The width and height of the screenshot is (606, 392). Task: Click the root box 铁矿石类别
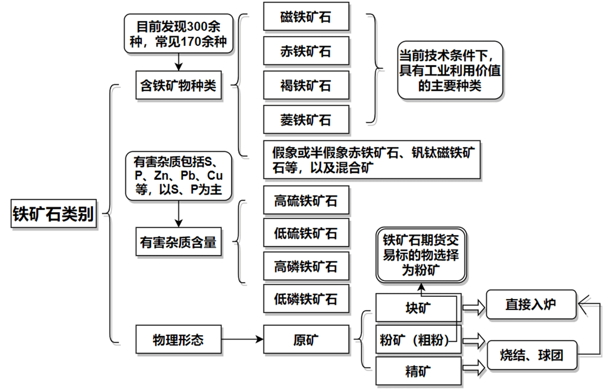[x=54, y=214]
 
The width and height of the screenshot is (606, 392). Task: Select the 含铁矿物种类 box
[x=178, y=85]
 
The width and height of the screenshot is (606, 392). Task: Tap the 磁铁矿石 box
[x=306, y=16]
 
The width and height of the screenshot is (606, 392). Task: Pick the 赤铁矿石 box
[x=306, y=51]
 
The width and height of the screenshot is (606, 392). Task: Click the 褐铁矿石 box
[x=306, y=85]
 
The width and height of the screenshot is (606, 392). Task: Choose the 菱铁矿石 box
[x=306, y=120]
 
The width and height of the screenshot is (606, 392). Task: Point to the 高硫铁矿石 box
[x=306, y=200]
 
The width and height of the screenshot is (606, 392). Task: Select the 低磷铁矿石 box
[x=306, y=299]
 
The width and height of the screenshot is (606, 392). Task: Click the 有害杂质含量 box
[x=178, y=242]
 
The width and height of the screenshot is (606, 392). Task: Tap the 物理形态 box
[x=178, y=339]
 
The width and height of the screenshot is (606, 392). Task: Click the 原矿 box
[x=306, y=339]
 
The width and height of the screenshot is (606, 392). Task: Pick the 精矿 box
[x=418, y=371]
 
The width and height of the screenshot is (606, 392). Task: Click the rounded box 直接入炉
[x=531, y=304]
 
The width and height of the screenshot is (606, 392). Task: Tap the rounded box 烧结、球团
[x=532, y=355]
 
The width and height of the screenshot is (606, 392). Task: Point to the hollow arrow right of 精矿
[x=473, y=368]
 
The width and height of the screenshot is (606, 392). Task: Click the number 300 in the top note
[x=197, y=27]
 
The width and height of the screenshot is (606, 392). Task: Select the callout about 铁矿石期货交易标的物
[x=421, y=255]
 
